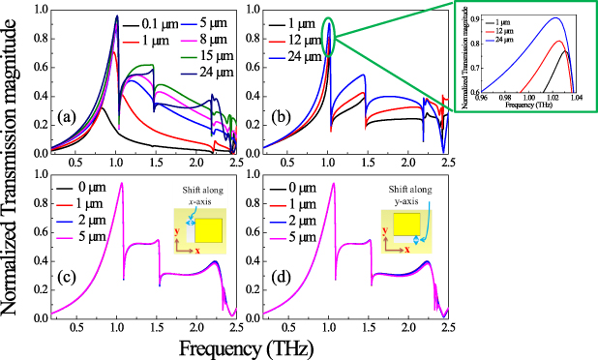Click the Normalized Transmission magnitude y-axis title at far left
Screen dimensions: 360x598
16,165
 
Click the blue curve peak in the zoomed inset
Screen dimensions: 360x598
553,17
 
